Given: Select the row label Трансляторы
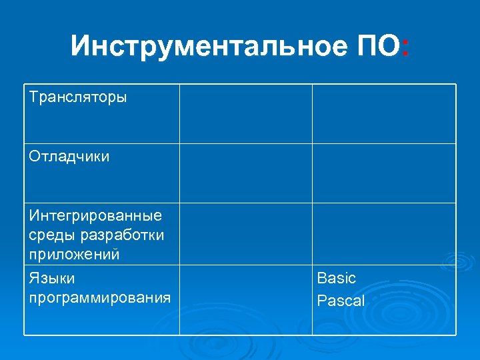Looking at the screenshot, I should (78, 97).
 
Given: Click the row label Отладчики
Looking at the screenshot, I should (69, 157).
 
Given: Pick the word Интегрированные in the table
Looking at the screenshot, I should (95, 216).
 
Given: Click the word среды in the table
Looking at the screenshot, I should (52, 235).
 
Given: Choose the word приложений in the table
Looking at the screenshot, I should (74, 254).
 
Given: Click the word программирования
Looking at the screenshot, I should (100, 297).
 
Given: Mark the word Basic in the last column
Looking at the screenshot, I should (337, 278).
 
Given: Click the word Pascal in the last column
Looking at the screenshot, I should (341, 301).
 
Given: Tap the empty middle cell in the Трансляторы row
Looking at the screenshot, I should (245, 113).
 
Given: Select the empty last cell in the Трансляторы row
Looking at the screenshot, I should (384, 113).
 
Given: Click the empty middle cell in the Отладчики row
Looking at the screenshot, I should (245, 173).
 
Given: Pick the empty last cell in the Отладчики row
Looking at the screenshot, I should (384, 173).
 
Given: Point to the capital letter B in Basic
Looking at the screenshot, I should (322, 278).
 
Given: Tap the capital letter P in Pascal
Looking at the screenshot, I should (322, 301).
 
